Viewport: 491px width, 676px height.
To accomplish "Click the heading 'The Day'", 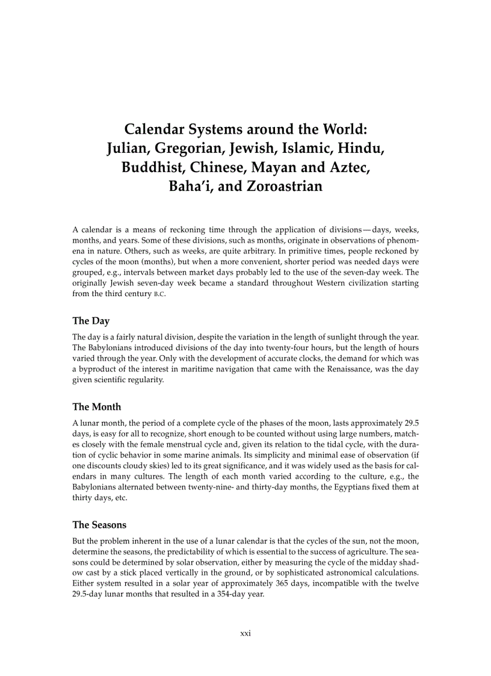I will pos(91,321).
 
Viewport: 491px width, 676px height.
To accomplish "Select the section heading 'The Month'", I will pos(96,407).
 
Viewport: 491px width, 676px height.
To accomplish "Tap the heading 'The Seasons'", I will pos(99,525).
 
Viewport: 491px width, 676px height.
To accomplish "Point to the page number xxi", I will pos(245,633).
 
